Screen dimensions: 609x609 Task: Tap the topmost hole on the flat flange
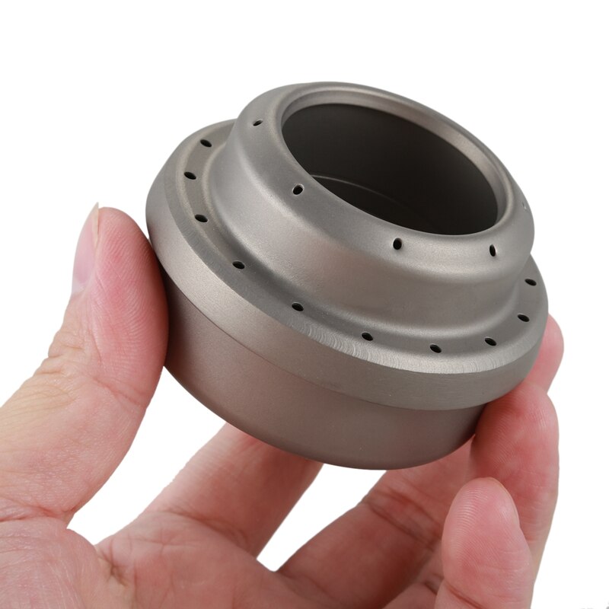[206, 142]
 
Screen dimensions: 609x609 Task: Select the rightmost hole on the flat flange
[531, 282]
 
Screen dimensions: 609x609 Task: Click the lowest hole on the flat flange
[435, 349]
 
